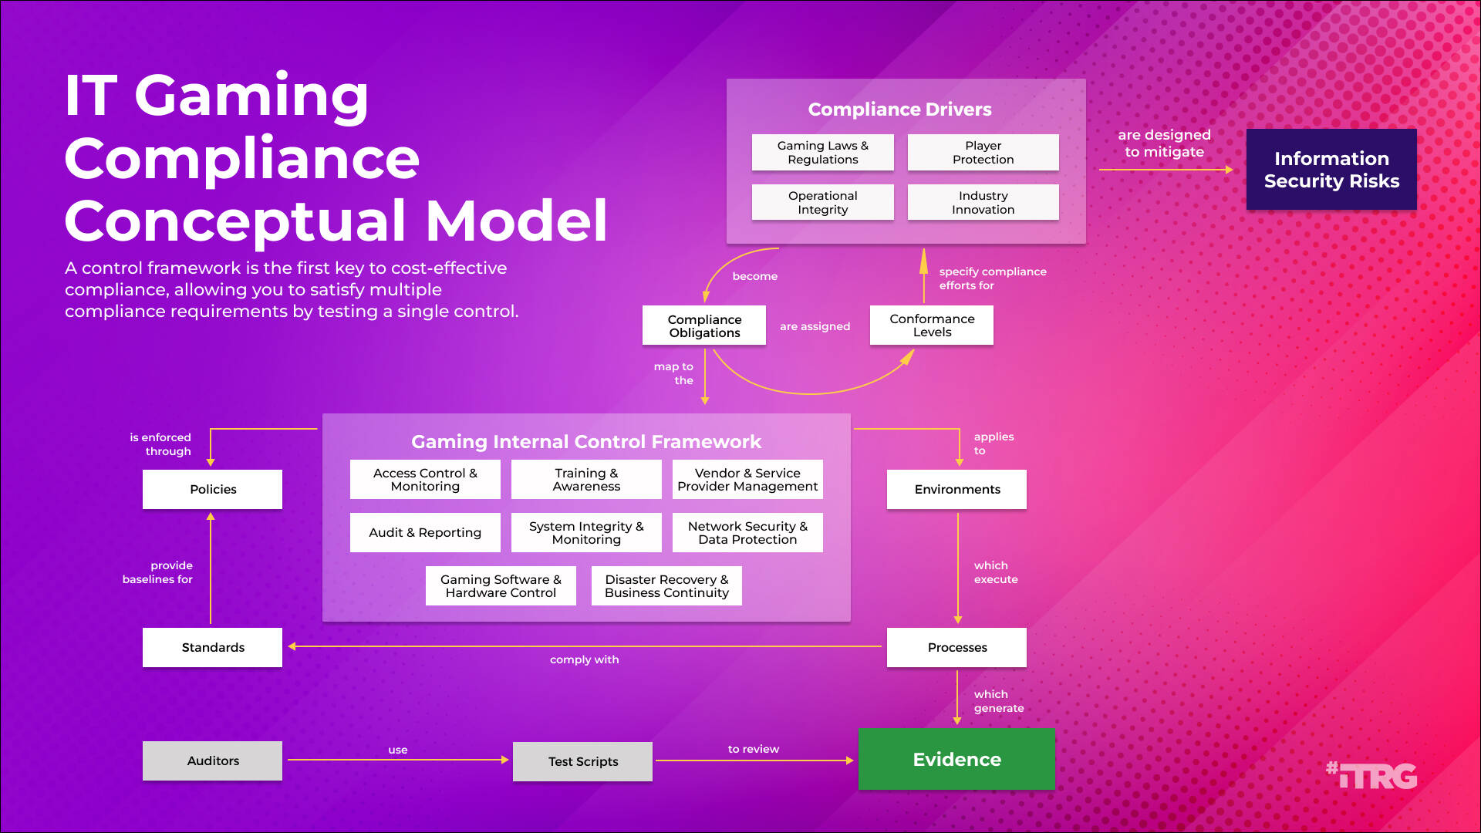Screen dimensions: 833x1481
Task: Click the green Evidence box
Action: click(x=956, y=759)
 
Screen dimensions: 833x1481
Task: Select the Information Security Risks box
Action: click(x=1331, y=170)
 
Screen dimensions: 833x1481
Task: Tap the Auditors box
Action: click(x=212, y=760)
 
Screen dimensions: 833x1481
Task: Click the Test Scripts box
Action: click(x=582, y=761)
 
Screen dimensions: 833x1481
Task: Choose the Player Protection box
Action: click(x=983, y=153)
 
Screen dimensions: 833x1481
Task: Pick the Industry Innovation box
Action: click(x=983, y=203)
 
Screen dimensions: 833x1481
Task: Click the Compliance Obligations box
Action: click(x=704, y=325)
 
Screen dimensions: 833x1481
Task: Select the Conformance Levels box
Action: click(x=931, y=325)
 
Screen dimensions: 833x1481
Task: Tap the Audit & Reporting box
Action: click(x=425, y=532)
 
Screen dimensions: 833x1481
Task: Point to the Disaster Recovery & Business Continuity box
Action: click(x=666, y=586)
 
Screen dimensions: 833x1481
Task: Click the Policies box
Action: click(x=212, y=489)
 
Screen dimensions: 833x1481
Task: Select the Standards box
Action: click(x=212, y=647)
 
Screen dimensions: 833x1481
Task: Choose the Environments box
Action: click(x=956, y=489)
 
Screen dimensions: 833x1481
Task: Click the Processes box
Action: click(x=956, y=647)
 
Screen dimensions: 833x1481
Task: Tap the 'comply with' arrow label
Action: click(x=584, y=659)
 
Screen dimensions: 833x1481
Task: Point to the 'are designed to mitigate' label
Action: click(x=1164, y=143)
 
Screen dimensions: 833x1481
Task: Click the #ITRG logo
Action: click(x=1371, y=775)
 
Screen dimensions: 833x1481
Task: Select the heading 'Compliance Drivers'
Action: click(x=899, y=110)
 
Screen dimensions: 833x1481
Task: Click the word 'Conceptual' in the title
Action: click(x=235, y=221)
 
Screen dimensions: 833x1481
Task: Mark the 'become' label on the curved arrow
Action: click(x=754, y=276)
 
